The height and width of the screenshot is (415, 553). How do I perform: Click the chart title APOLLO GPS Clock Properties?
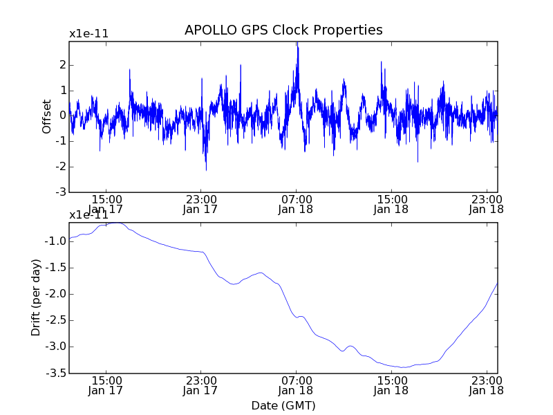(283, 30)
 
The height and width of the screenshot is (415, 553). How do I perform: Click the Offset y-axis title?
(47, 116)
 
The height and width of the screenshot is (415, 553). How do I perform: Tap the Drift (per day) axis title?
(36, 297)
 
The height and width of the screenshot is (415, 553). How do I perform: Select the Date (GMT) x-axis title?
(283, 405)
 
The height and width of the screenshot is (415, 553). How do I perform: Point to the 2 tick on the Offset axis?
(62, 65)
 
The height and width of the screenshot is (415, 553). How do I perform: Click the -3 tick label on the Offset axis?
(60, 192)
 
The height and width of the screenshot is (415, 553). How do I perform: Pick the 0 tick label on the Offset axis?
(62, 116)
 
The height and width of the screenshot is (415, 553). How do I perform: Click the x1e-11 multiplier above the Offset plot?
(88, 33)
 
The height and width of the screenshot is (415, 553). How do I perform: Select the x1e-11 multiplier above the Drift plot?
(88, 214)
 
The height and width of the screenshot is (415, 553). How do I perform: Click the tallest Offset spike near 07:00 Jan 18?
(297, 44)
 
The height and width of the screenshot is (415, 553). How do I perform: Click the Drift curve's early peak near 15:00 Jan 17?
(115, 223)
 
